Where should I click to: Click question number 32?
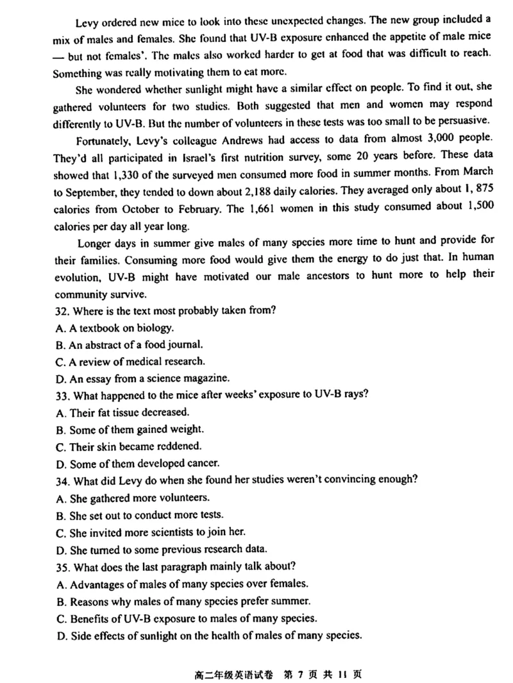(63, 312)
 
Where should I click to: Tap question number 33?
(63, 395)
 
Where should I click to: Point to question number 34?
(63, 480)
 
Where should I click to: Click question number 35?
(63, 566)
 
